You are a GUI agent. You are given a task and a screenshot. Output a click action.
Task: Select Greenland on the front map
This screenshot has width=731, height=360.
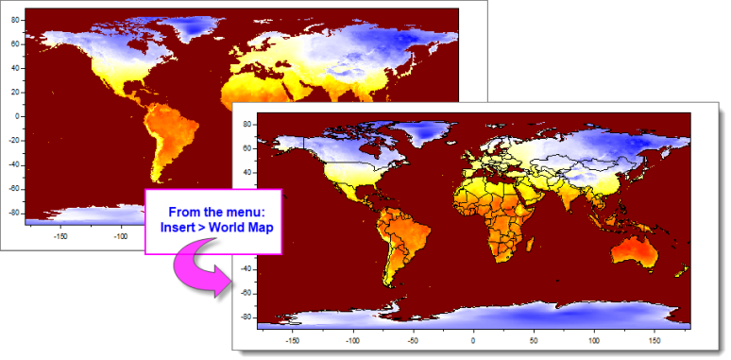pyautogui.click(x=421, y=138)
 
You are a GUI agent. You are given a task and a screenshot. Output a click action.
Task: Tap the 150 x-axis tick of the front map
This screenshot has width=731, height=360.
pyautogui.click(x=654, y=337)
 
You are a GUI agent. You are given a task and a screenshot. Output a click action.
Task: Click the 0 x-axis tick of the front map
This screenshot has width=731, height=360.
pyautogui.click(x=473, y=337)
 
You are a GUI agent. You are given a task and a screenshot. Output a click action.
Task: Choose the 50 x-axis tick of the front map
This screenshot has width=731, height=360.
pyautogui.click(x=534, y=337)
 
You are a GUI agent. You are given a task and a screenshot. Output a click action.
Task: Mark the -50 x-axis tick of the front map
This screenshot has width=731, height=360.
pyautogui.click(x=412, y=337)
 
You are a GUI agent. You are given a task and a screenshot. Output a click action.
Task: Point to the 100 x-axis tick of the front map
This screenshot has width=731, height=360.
pyautogui.click(x=594, y=337)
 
